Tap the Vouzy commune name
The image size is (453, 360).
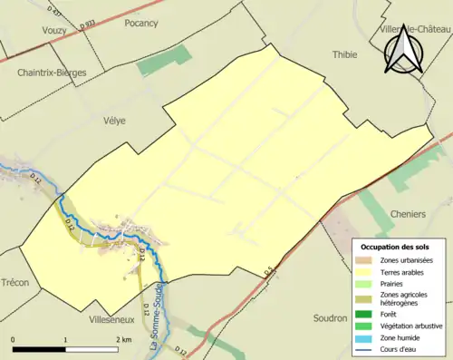click(55, 30)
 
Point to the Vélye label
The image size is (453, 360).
click(113, 120)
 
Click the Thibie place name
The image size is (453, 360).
click(345, 54)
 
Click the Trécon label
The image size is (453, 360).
click(15, 283)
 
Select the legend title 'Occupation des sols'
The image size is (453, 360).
click(396, 247)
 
